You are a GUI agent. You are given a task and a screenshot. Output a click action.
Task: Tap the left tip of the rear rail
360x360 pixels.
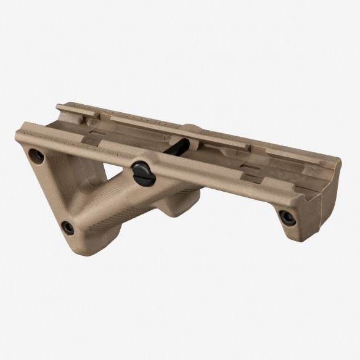click(x=58, y=107)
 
